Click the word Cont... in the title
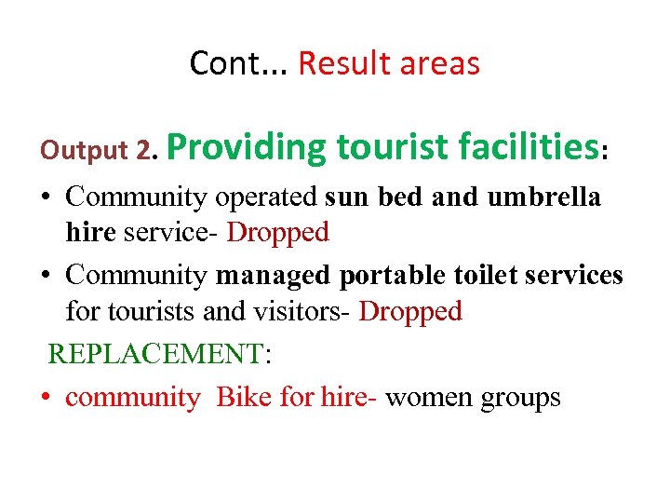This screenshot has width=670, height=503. click(239, 63)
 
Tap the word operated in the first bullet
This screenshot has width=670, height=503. click(267, 197)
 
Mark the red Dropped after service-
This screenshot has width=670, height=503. click(277, 231)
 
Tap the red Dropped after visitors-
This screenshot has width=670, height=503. click(410, 310)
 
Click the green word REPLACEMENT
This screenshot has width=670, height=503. click(155, 353)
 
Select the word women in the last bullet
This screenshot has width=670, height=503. click(429, 398)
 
